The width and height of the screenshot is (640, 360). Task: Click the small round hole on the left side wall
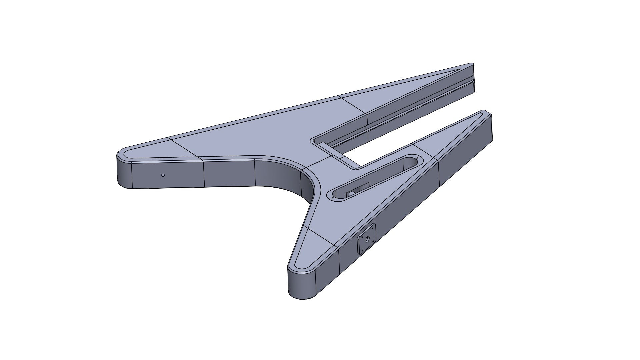163,175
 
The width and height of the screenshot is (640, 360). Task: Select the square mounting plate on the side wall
366,239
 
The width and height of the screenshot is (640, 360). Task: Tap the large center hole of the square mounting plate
367,239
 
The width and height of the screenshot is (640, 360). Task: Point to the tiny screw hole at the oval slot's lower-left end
333,198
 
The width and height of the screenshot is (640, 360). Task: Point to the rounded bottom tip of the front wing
302,295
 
